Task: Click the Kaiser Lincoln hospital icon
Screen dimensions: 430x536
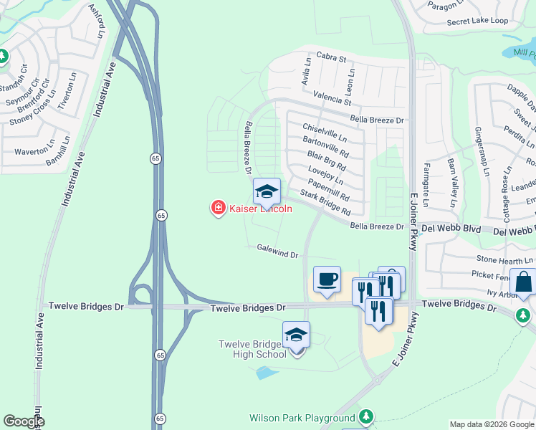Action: (218, 209)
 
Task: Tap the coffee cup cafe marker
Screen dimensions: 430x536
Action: (327, 279)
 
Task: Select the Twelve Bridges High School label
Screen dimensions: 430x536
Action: (253, 349)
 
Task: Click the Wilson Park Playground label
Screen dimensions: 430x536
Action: (302, 418)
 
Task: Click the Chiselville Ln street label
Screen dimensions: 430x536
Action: (325, 130)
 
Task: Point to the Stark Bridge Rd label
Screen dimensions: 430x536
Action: (325, 203)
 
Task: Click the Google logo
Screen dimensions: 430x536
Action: (23, 421)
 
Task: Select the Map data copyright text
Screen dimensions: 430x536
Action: (492, 424)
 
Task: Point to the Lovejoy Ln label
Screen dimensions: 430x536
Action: (325, 176)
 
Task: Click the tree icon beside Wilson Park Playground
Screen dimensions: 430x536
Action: (366, 416)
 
